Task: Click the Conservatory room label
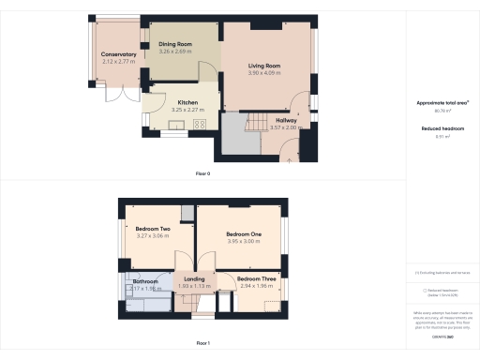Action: [119, 54]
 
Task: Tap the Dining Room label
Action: [175, 44]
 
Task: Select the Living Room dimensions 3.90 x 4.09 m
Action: [264, 72]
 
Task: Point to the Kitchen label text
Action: [187, 102]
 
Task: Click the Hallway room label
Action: [286, 120]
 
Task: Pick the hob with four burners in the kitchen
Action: [199, 125]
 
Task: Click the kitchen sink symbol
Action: [176, 126]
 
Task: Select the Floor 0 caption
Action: [202, 174]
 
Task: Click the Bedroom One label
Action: [243, 233]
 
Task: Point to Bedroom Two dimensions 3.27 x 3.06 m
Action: [152, 236]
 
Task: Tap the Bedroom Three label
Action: [255, 278]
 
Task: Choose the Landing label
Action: [194, 278]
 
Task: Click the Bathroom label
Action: [144, 280]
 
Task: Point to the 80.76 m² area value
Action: [442, 111]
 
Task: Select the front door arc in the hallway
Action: [291, 148]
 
